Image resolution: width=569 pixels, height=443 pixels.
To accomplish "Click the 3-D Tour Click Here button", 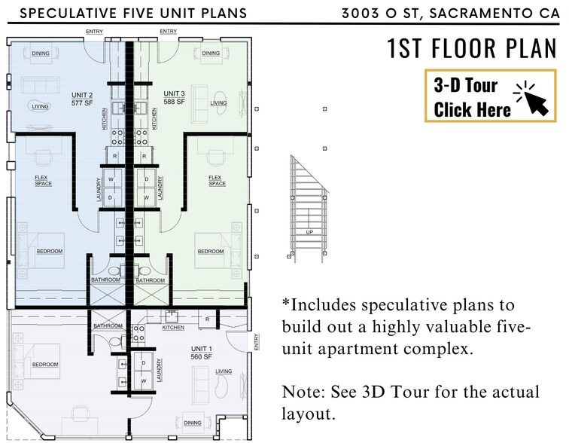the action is click(490, 96).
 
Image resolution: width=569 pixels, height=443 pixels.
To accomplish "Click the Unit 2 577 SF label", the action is click(82, 99).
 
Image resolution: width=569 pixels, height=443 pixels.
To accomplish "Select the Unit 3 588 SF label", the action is click(174, 98).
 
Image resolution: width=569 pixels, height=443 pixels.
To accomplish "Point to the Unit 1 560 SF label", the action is click(202, 353).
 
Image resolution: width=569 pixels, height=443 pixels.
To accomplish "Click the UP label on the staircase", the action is click(309, 232).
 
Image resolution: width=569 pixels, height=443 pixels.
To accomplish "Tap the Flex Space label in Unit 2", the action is click(43, 181).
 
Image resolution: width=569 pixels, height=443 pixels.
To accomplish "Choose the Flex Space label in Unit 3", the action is click(217, 181).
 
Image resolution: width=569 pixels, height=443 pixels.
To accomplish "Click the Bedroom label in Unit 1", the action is click(45, 364).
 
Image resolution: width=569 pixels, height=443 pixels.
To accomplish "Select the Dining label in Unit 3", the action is click(211, 53).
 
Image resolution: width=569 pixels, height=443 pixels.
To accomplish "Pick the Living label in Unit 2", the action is click(40, 106).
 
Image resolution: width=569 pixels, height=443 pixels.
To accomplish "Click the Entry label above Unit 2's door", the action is click(94, 32).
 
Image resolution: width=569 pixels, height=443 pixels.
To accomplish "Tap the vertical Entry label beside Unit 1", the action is click(257, 342).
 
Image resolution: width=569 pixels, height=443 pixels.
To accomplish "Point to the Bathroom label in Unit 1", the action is click(108, 325).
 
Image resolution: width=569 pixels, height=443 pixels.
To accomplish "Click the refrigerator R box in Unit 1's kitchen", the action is click(207, 319).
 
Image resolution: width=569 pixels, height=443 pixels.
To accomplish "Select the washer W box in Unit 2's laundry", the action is click(111, 179).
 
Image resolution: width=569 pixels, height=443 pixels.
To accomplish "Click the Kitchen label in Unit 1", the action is click(173, 328).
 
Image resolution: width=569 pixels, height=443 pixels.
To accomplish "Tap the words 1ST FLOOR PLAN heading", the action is click(472, 48).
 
